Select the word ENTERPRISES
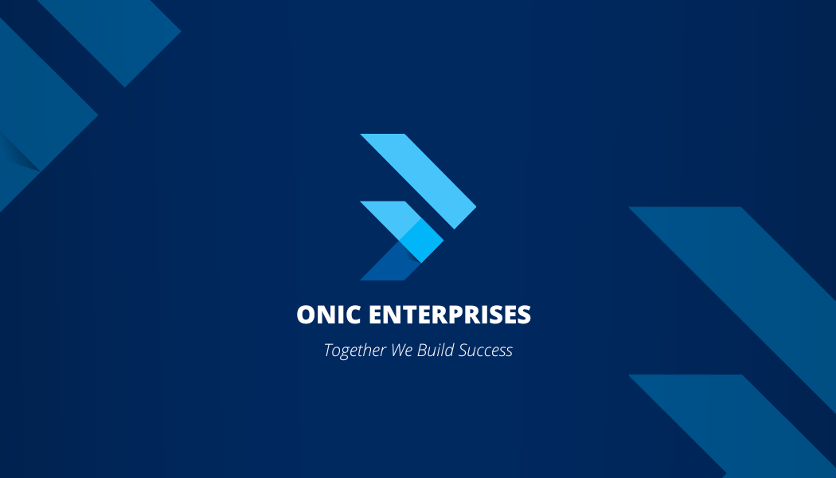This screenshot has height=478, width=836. (x=450, y=314)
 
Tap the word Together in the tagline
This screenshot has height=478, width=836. (x=355, y=351)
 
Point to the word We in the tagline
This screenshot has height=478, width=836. (x=401, y=350)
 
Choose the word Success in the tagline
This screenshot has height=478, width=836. (x=486, y=350)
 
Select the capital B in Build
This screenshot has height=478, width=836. (x=422, y=350)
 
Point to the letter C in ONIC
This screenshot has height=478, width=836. (x=353, y=314)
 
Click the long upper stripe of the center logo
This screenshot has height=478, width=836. (x=419, y=182)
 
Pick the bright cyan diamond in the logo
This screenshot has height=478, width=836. (x=421, y=241)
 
